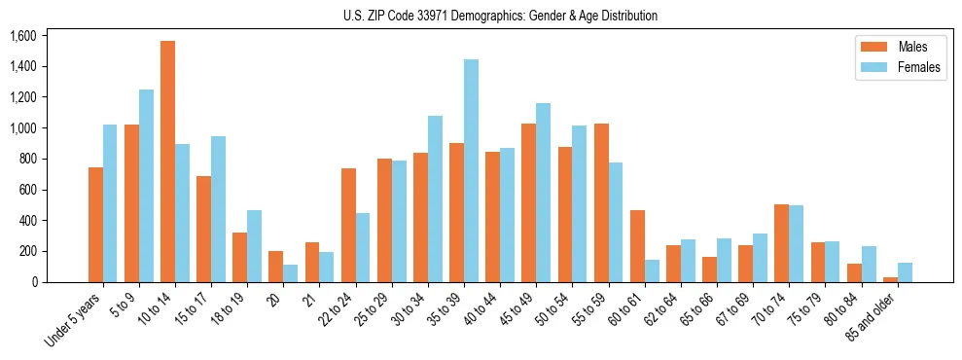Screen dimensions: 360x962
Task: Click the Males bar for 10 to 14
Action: tap(167, 162)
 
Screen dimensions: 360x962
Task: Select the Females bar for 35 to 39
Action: tap(471, 170)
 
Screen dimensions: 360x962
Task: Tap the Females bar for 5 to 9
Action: tap(146, 186)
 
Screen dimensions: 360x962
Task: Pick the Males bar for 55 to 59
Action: tap(601, 202)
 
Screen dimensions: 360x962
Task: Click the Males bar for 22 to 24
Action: tap(348, 225)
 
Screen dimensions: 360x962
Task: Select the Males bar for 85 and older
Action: tap(890, 279)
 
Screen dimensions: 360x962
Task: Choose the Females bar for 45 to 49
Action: tap(543, 193)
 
